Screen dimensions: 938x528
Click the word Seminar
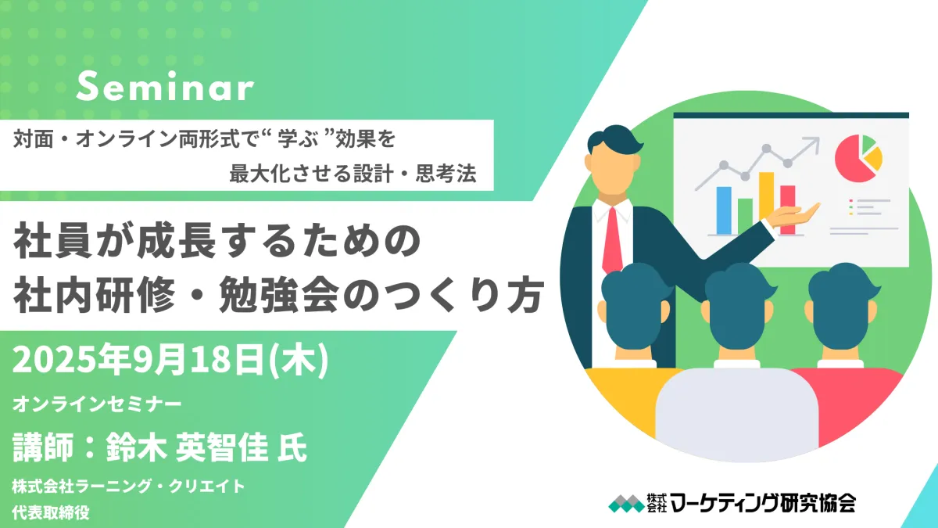165,86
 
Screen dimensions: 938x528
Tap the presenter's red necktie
612,241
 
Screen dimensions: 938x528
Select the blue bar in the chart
724,210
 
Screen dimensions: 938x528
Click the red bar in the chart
787,210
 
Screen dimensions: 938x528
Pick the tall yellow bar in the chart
766,203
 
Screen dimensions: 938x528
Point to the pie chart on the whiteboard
858,158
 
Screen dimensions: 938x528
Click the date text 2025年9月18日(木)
170,360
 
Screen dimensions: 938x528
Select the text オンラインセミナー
97,404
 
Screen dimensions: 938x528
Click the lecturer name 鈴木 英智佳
187,447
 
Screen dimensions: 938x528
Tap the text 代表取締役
51,512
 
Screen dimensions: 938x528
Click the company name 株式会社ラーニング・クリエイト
128,486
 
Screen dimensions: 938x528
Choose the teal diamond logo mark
626,503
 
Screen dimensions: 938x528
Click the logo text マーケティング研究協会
763,503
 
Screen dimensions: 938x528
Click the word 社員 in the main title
53,242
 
